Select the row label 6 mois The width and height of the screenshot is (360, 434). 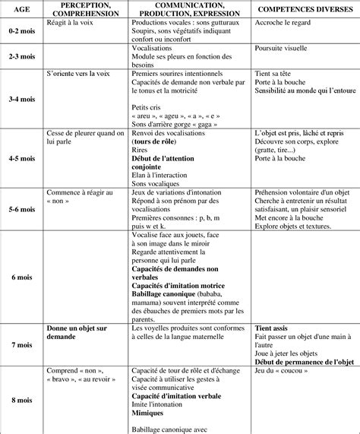pos(20,278)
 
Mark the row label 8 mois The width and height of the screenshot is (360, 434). pos(20,399)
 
